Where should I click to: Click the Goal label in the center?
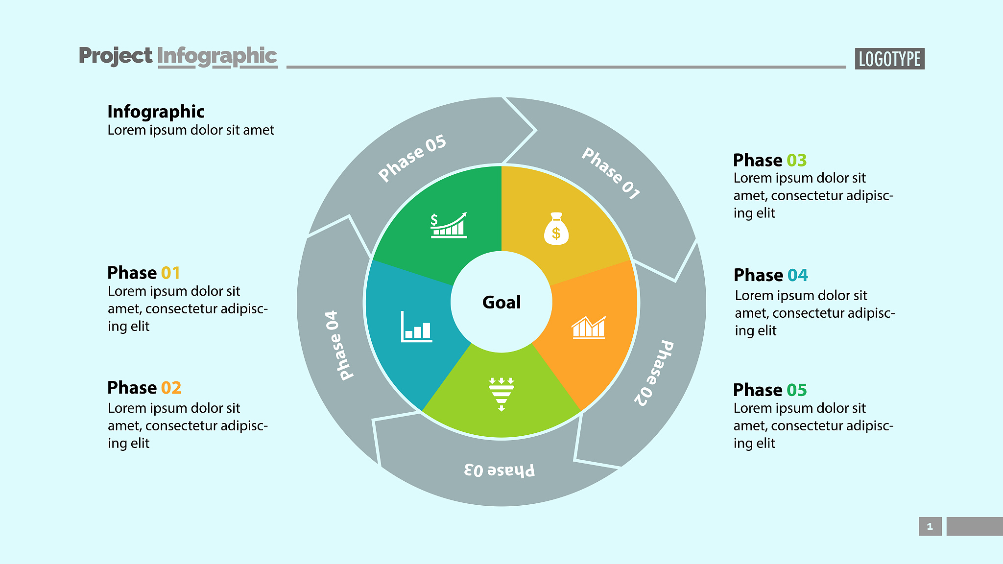tap(501, 302)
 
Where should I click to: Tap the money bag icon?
tap(556, 229)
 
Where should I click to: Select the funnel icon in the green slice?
tap(501, 394)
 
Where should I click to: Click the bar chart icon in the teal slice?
tap(416, 327)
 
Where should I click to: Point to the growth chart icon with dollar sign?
tap(449, 225)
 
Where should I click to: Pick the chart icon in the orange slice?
tap(589, 328)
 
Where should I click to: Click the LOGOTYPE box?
tap(889, 59)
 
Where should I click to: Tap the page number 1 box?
tap(930, 526)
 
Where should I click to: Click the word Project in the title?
tap(116, 55)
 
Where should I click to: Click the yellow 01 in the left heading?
tap(170, 273)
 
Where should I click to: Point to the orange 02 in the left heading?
tap(171, 388)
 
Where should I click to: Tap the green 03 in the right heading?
tap(797, 160)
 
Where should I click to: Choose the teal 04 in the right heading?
tap(798, 275)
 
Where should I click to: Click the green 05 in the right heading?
tap(797, 390)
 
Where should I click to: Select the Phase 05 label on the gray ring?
tap(412, 158)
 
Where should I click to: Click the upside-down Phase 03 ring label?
tap(499, 470)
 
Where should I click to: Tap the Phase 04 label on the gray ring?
tap(338, 345)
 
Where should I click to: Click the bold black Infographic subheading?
tap(156, 112)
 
